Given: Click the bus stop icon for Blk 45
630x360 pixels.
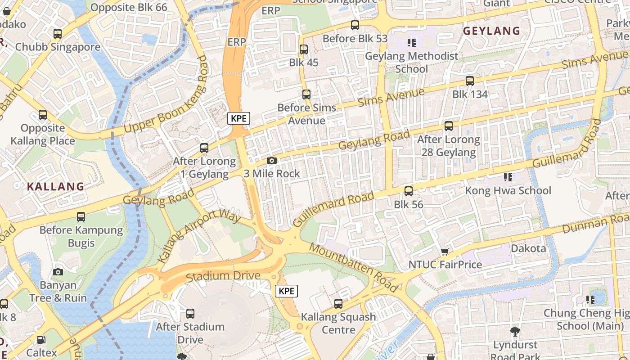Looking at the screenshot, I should [304, 49].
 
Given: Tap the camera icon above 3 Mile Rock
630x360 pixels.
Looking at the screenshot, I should [271, 160].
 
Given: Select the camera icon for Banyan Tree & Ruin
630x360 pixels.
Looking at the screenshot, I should [58, 272].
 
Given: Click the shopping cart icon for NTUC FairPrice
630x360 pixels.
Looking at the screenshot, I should [445, 252].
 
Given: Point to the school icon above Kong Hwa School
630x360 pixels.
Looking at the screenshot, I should [508, 177].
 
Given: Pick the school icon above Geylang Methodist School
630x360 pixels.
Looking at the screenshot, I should [411, 43].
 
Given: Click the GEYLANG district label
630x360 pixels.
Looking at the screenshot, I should [491, 31].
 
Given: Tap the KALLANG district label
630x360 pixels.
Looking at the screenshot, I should [55, 186].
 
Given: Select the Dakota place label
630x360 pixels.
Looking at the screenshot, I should [528, 248].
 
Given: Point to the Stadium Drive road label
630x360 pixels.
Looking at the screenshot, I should [223, 276].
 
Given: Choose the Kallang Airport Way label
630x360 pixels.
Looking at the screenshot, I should [199, 235].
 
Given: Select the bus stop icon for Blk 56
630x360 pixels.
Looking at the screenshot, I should [409, 191].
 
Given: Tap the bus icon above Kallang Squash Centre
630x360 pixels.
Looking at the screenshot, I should [338, 304].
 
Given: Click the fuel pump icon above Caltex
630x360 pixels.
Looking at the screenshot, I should [41, 340].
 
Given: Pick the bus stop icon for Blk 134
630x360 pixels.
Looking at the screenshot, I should [470, 81].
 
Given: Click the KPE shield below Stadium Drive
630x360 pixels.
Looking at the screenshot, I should [287, 291].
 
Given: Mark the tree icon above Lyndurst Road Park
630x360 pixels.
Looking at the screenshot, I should [515, 332].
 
